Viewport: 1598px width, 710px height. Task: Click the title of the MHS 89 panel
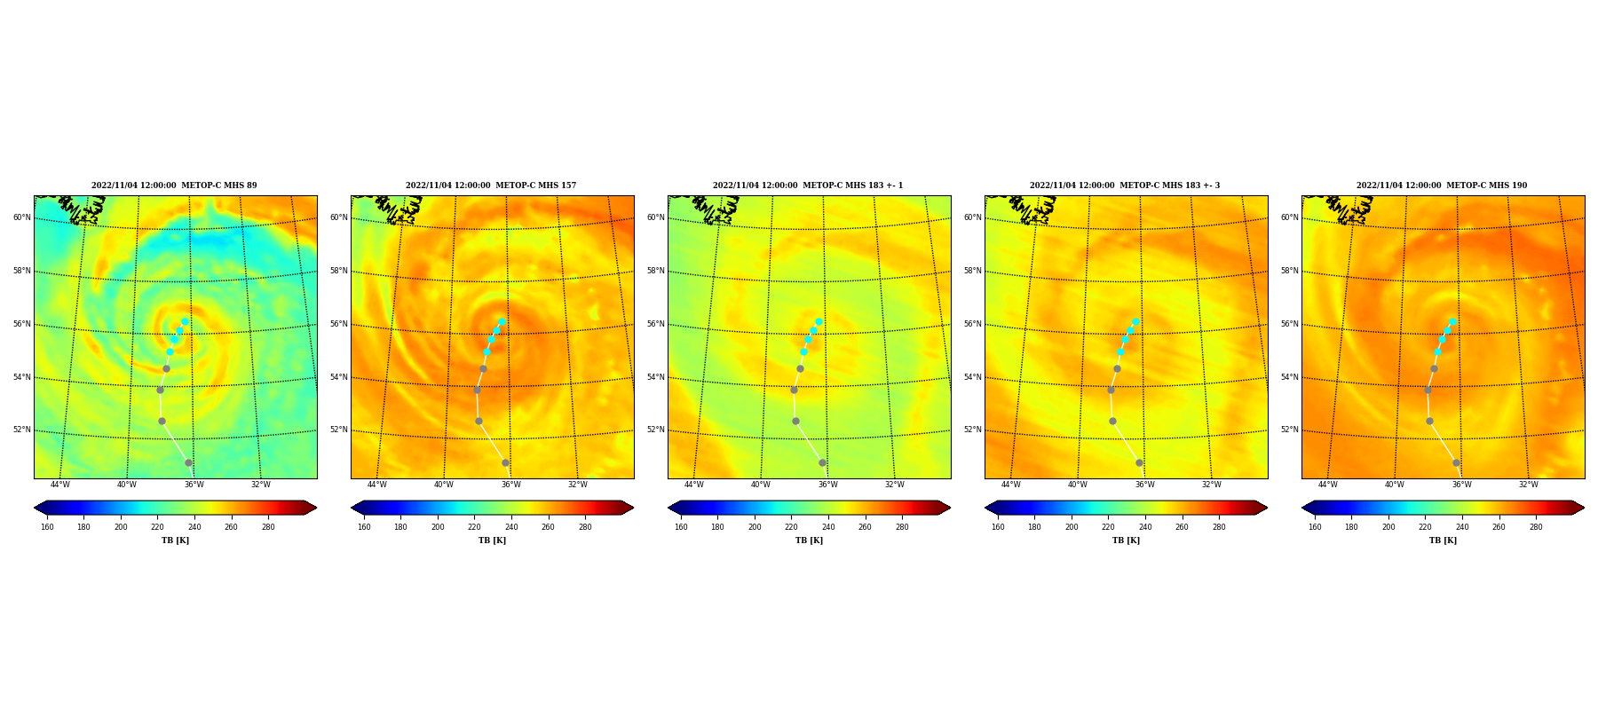pos(174,185)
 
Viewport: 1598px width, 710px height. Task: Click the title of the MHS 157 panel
pos(491,185)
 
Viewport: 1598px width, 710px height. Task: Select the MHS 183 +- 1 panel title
pos(808,185)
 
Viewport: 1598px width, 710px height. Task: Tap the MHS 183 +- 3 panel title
pos(1125,185)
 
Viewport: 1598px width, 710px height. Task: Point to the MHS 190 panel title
pos(1442,185)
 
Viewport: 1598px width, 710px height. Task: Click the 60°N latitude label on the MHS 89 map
pos(21,217)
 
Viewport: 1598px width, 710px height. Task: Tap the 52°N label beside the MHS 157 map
pos(338,430)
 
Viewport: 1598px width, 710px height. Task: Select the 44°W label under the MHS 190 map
pos(1327,485)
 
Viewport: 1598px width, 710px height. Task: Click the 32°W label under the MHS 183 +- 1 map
pos(894,485)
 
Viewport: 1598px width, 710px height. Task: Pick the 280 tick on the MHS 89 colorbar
pos(268,527)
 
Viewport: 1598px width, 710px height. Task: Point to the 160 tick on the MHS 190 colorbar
pos(1315,527)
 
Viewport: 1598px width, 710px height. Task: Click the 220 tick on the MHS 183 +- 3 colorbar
pos(1108,527)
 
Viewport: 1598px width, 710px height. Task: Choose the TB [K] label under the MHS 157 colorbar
pos(492,540)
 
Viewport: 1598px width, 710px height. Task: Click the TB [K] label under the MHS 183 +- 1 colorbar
pos(809,540)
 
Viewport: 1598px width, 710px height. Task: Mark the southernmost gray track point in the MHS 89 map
pos(188,462)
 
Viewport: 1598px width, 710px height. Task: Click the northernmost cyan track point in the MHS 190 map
pos(1452,322)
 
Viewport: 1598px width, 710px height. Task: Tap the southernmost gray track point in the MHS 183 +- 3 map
pos(1139,462)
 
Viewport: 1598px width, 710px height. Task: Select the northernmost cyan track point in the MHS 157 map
pos(502,322)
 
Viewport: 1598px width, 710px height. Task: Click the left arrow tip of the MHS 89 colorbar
pos(35,508)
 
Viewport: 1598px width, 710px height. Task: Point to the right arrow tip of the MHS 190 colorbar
pos(1584,508)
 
